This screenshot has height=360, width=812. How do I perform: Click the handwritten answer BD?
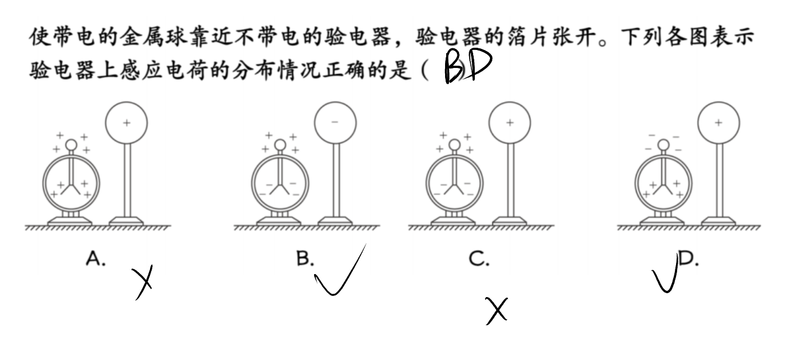click(468, 66)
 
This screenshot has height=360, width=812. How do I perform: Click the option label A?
click(96, 258)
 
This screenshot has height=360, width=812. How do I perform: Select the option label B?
click(305, 258)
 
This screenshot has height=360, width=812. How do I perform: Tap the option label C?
click(479, 258)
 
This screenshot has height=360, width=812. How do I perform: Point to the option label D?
click(688, 258)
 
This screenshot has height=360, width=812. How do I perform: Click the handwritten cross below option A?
click(142, 282)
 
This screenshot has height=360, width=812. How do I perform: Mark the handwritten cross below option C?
click(497, 311)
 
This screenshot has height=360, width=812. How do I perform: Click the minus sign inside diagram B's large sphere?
click(335, 122)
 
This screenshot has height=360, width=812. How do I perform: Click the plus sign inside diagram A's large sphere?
click(126, 123)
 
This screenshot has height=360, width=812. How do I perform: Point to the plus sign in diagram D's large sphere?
click(719, 123)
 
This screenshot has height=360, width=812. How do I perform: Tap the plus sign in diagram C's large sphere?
click(510, 123)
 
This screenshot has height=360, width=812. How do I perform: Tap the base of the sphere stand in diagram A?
click(126, 221)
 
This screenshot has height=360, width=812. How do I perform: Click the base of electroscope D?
click(662, 221)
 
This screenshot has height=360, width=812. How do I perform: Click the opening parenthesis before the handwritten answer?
click(424, 70)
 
